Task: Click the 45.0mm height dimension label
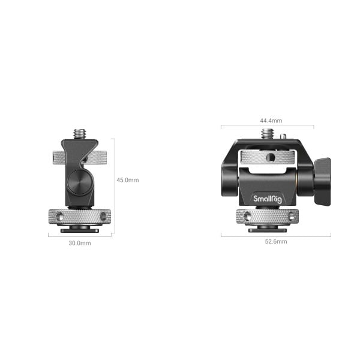(127, 180)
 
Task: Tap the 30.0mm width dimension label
(80, 243)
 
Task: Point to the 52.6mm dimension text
(275, 242)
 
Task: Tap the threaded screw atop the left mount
(80, 131)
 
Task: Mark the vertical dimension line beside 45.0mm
(114, 180)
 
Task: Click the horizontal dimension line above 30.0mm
(80, 236)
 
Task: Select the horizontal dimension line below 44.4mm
(267, 126)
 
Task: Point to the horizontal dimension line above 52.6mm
(275, 236)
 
